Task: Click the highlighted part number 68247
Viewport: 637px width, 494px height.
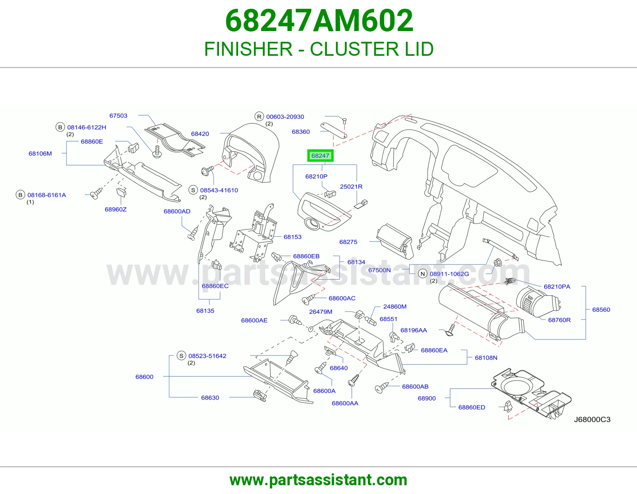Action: [x=320, y=156]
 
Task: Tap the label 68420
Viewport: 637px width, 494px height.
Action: [x=200, y=134]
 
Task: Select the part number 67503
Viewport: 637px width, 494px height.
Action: [x=118, y=116]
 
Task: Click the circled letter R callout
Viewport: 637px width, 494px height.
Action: [x=259, y=116]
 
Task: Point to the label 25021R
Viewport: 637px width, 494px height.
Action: [x=351, y=186]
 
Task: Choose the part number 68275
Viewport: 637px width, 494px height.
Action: [x=348, y=242]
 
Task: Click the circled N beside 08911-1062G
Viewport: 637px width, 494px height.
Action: [x=422, y=274]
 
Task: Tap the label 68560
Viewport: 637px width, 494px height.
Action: [x=601, y=310]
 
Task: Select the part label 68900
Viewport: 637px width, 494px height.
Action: [x=427, y=398]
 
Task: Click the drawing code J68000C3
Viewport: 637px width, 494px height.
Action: [x=592, y=420]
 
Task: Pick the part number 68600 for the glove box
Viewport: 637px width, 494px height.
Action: [x=144, y=376]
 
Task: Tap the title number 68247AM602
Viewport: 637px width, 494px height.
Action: [x=319, y=21]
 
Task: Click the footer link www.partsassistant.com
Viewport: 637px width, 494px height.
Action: [x=318, y=480]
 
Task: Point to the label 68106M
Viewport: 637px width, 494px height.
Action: [x=40, y=153]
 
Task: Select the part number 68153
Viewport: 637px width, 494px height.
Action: [x=293, y=237]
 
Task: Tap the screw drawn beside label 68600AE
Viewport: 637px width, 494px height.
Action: [x=295, y=320]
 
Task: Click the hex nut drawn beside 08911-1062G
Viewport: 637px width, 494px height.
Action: [x=498, y=262]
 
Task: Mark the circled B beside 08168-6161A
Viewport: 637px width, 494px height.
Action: [x=20, y=195]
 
